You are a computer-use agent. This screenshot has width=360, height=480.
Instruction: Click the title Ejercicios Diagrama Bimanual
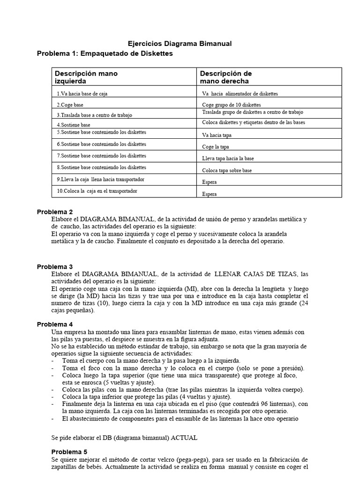pyautogui.click(x=180, y=44)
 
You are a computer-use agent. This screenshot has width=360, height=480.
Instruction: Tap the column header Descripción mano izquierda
pyautogui.click(x=86, y=77)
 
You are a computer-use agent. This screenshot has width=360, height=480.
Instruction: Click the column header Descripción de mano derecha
pyautogui.click(x=226, y=77)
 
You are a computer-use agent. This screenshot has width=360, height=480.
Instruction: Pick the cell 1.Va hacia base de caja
pyautogui.click(x=82, y=94)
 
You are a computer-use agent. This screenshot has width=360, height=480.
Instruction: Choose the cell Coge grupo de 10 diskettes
pyautogui.click(x=231, y=105)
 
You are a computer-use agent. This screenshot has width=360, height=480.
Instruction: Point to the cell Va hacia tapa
pyautogui.click(x=217, y=135)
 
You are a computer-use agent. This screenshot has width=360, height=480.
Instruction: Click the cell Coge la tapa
pyautogui.click(x=216, y=147)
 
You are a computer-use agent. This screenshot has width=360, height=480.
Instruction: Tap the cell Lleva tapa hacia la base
pyautogui.click(x=228, y=158)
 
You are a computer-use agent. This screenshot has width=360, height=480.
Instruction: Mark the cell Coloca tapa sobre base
pyautogui.click(x=226, y=170)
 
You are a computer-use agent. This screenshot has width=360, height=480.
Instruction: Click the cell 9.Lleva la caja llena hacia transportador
pyautogui.click(x=100, y=180)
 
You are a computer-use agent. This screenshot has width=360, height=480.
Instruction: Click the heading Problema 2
pyautogui.click(x=55, y=212)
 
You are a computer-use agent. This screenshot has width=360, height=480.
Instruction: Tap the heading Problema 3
pyautogui.click(x=55, y=267)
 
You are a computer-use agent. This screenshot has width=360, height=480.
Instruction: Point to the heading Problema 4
pyautogui.click(x=55, y=324)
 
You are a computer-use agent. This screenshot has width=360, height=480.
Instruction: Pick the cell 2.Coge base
pyautogui.click(x=70, y=105)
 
